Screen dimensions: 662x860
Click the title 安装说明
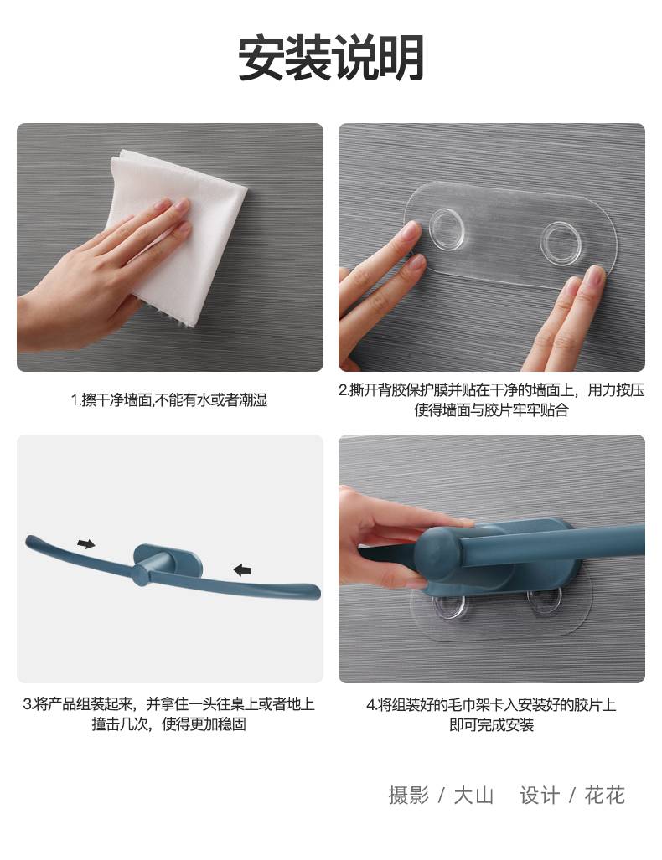[330, 58]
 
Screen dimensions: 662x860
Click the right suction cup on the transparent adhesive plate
[563, 241]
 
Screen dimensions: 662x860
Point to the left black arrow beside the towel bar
[86, 544]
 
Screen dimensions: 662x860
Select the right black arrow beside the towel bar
[243, 570]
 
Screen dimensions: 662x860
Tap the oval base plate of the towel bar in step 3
[168, 560]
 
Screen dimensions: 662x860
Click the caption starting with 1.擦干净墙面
[169, 399]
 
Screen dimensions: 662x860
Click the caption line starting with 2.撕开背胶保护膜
[491, 390]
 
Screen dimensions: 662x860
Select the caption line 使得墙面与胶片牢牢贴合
[491, 409]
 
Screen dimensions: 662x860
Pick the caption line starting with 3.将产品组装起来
[169, 703]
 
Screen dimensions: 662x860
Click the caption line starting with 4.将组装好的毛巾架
[491, 705]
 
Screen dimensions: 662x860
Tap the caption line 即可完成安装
[491, 725]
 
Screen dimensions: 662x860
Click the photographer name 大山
[473, 796]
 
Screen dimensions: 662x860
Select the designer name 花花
[604, 796]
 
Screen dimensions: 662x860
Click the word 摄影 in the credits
[408, 796]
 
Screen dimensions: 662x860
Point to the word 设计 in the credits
[540, 796]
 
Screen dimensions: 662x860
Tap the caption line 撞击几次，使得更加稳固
[169, 724]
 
